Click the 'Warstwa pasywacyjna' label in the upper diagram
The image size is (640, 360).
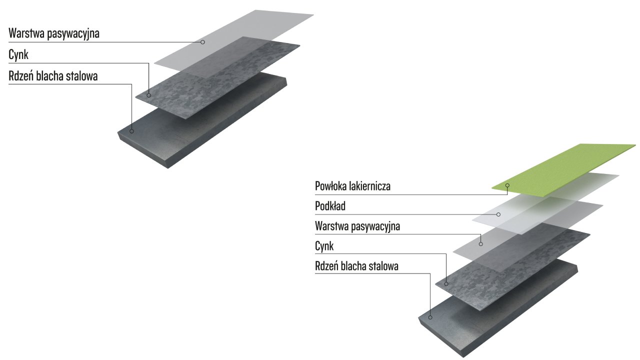[x=54, y=34]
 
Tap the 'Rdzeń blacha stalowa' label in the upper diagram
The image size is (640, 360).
[x=53, y=76]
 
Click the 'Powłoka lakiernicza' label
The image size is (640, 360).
[x=352, y=186]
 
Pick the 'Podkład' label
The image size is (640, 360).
[x=330, y=206]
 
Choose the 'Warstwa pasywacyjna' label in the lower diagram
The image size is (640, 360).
[x=357, y=226]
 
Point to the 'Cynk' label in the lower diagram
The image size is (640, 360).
[x=324, y=246]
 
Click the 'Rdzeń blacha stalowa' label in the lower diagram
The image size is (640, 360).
[x=356, y=266]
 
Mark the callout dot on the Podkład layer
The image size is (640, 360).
[x=498, y=214]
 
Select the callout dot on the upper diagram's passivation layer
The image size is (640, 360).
[x=202, y=42]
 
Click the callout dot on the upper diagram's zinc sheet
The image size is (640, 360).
[x=149, y=95]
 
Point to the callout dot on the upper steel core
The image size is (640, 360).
[x=132, y=131]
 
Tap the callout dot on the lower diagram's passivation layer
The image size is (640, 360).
[x=480, y=243]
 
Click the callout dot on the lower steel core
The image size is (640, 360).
[x=430, y=317]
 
